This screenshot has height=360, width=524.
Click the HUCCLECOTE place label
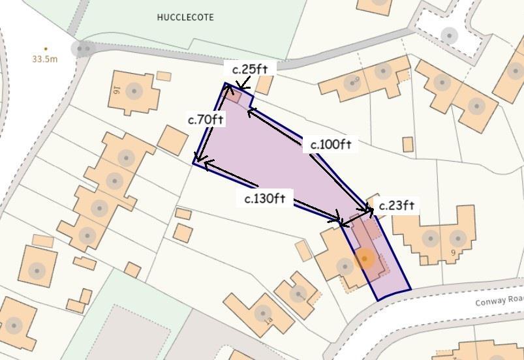coord(185,18)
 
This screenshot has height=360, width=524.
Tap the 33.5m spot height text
coord(45,59)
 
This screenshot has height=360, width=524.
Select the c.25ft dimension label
coord(251,69)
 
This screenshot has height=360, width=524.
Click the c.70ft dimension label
coord(206,120)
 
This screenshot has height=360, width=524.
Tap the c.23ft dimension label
coord(397,206)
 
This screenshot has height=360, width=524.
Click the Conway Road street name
coord(499,301)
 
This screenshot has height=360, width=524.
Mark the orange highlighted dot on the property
coord(365,259)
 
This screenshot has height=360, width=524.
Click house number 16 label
coord(117,89)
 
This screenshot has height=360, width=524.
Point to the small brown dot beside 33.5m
coord(45,48)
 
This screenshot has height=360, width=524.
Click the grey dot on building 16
coord(134,91)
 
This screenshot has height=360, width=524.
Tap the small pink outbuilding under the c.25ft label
coord(235,97)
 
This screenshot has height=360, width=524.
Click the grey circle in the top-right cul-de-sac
coord(449,35)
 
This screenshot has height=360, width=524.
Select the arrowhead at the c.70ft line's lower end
coord(196,160)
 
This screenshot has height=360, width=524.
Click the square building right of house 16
coord(173,140)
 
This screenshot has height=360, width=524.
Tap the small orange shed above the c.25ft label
coord(264,85)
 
